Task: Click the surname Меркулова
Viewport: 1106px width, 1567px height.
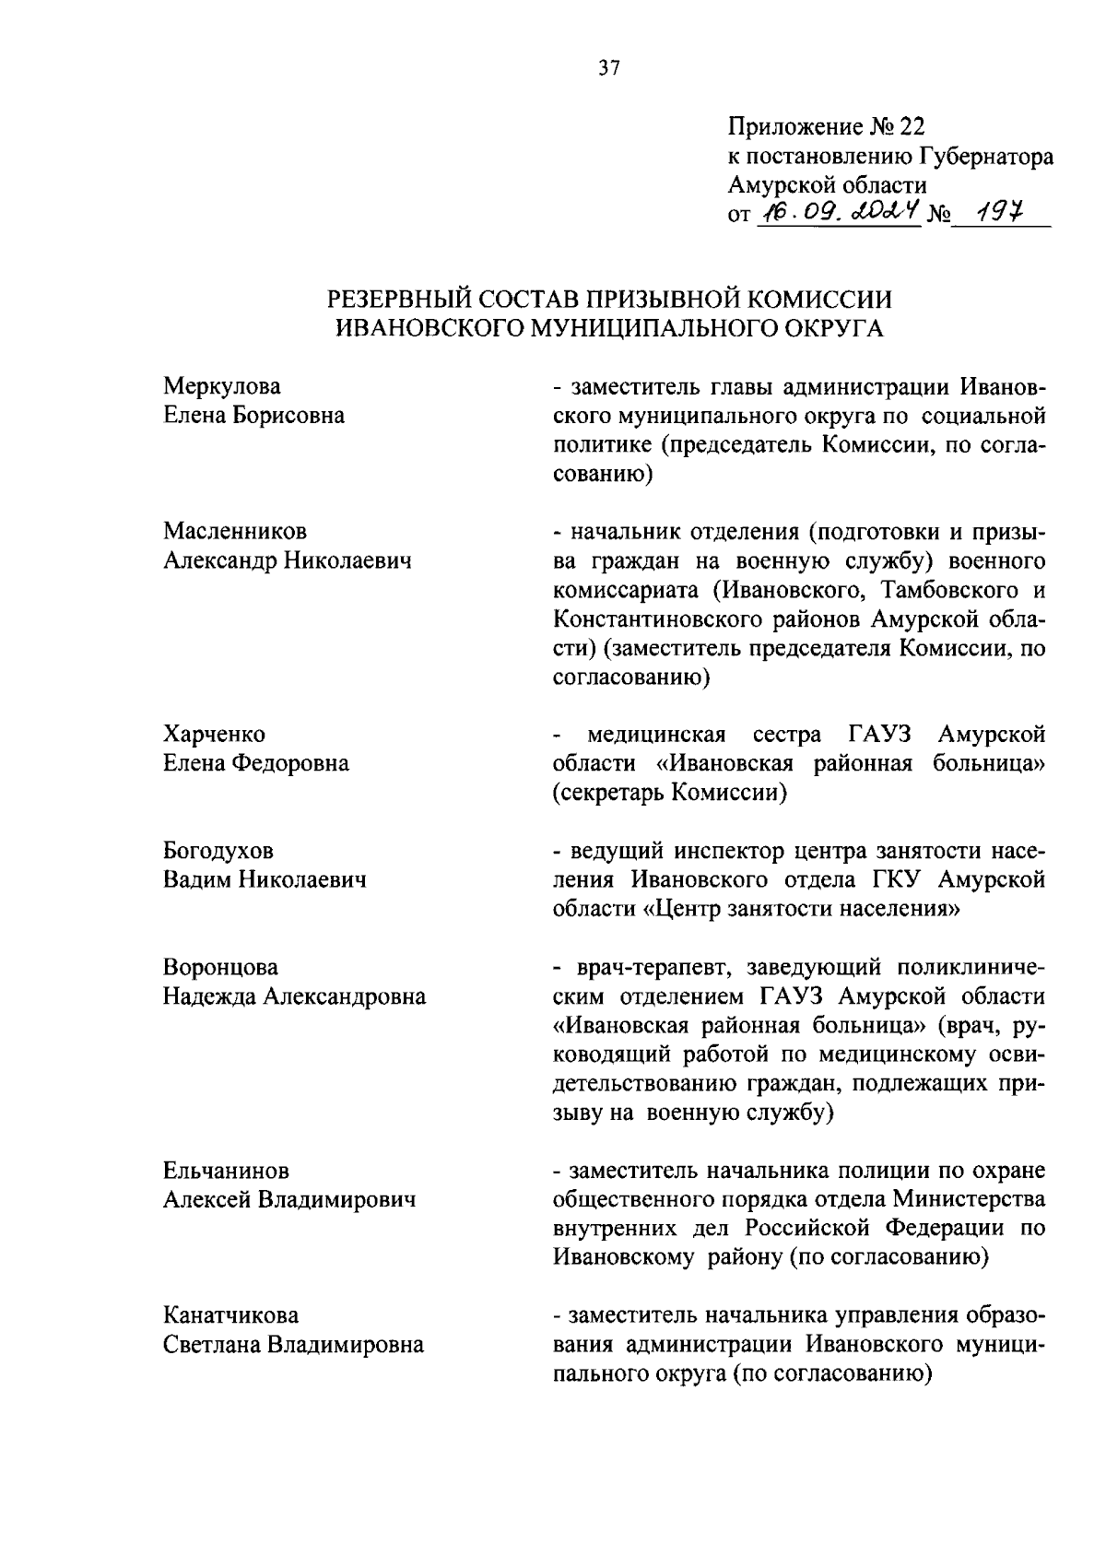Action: (x=222, y=386)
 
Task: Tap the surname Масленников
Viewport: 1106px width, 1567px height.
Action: (x=235, y=532)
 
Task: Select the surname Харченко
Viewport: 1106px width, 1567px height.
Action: (x=214, y=735)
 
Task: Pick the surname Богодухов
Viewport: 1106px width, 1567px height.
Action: (x=218, y=851)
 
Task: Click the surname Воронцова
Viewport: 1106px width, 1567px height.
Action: (x=220, y=968)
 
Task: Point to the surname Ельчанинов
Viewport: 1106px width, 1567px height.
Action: (x=226, y=1171)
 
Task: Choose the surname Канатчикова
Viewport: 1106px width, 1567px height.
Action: (x=230, y=1315)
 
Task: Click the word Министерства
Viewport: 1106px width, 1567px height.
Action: (x=969, y=1200)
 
